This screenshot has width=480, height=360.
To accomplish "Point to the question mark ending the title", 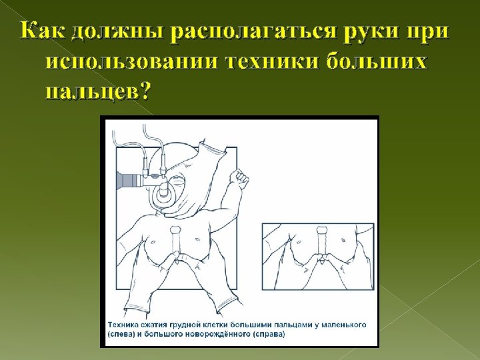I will point(142,91).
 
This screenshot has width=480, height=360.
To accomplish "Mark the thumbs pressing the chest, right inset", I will point(322,260).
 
